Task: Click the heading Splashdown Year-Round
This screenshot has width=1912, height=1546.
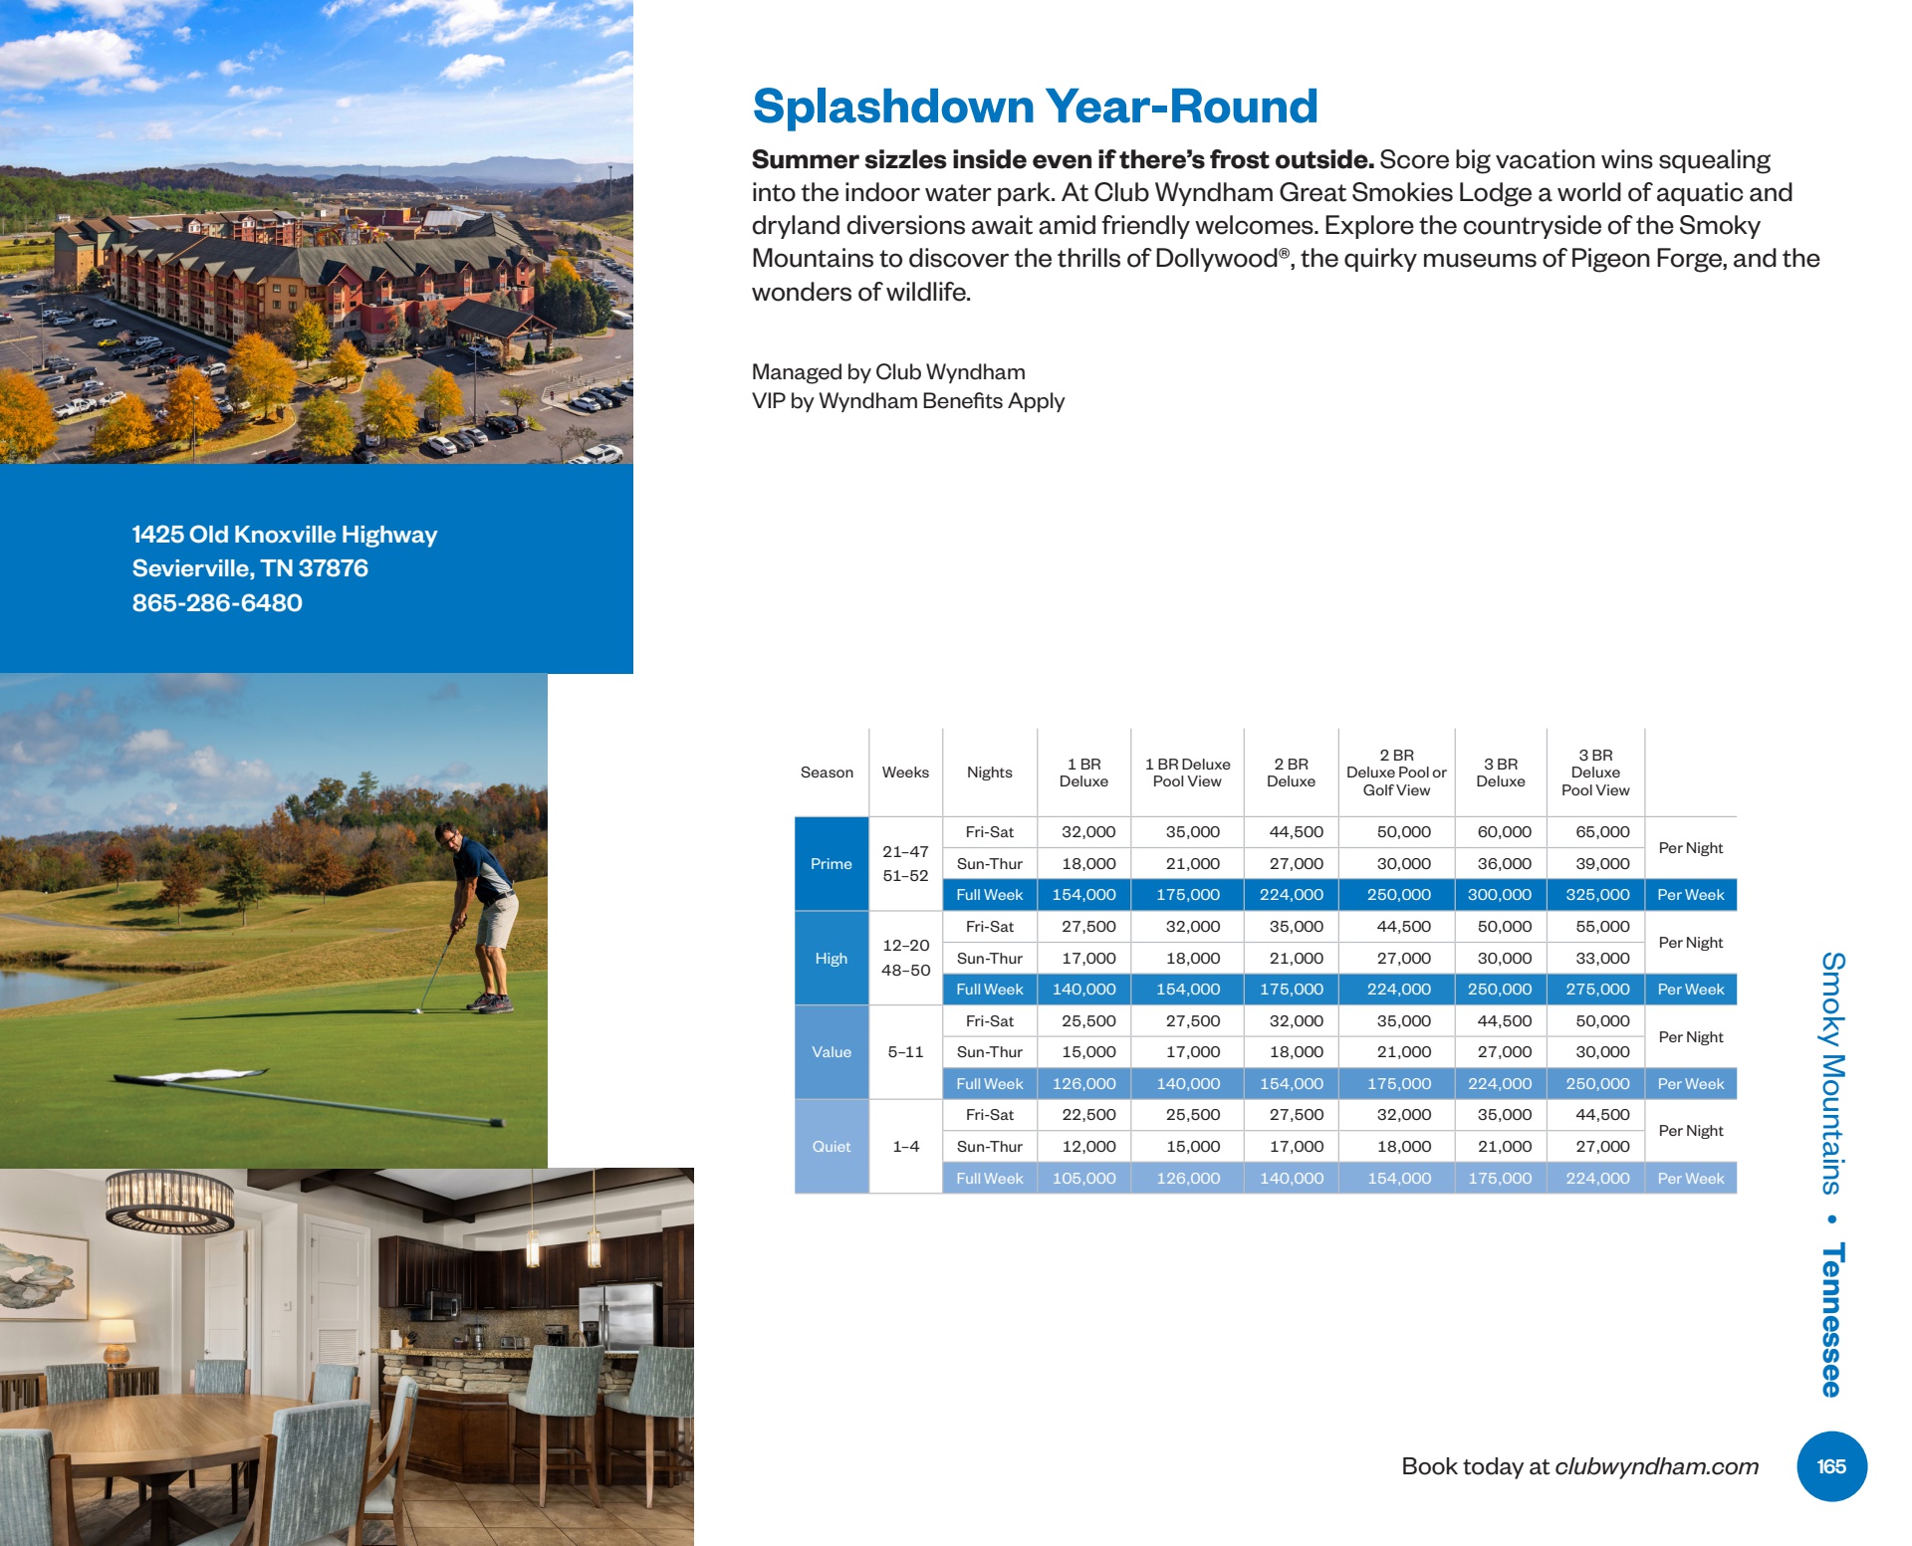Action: click(1035, 107)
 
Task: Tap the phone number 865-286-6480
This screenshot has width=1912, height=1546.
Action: click(217, 603)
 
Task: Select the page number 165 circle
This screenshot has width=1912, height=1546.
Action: click(1831, 1466)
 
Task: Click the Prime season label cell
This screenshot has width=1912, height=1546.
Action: click(832, 864)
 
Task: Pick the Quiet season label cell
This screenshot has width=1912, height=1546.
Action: click(832, 1147)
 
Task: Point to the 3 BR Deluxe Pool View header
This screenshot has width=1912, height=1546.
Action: click(1595, 773)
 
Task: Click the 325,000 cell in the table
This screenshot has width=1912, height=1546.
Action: click(1596, 895)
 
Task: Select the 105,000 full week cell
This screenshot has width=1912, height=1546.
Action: click(1084, 1179)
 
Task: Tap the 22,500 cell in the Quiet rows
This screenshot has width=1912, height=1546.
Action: click(1088, 1115)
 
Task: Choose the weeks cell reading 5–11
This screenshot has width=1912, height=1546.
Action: click(905, 1052)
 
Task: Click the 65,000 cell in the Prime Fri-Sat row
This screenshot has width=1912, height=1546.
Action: click(1602, 832)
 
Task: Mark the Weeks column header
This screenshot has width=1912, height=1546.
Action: click(905, 773)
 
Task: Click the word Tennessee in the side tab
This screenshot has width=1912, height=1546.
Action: click(1832, 1320)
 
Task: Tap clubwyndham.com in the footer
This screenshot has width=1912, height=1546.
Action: click(1656, 1466)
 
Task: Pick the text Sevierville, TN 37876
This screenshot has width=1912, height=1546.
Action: click(250, 568)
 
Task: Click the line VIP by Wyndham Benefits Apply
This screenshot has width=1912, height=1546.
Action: click(907, 401)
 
